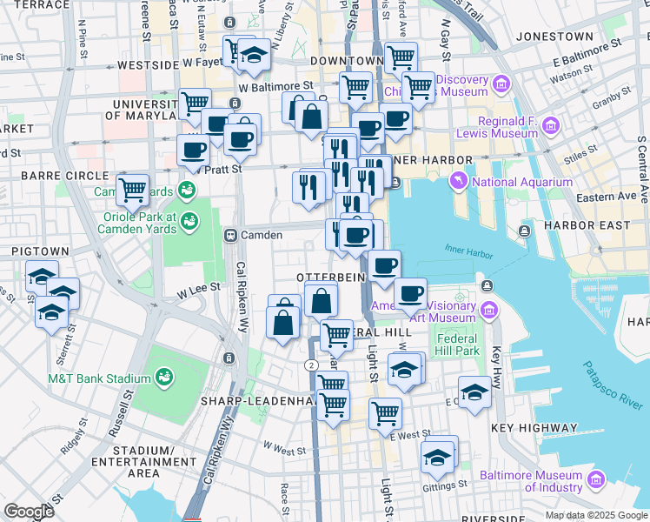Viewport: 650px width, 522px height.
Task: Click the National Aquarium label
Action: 521,182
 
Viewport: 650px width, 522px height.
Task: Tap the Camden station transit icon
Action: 231,235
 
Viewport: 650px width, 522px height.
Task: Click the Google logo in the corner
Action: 30,512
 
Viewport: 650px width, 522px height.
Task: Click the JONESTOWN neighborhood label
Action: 554,37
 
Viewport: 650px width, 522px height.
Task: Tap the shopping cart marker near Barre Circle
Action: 132,187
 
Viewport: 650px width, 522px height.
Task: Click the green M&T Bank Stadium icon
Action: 162,376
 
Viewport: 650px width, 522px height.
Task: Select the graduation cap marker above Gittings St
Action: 438,455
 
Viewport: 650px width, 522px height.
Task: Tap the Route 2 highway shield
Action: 310,364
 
